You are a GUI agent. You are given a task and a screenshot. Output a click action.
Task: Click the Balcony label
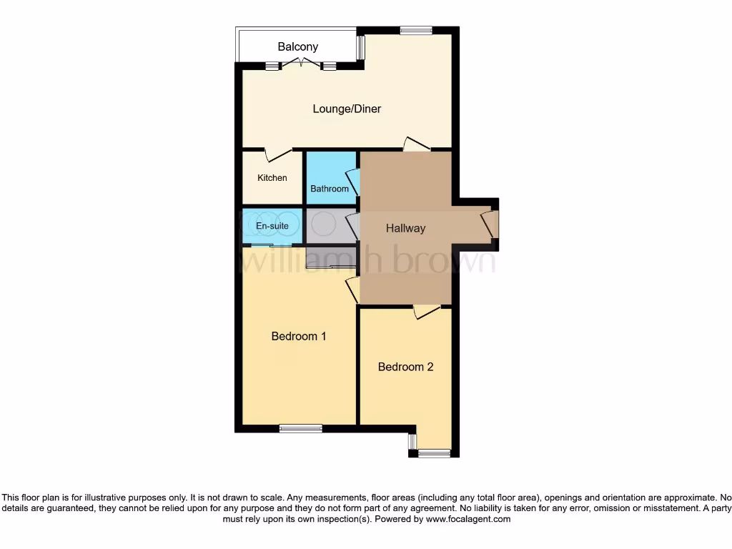tap(298, 47)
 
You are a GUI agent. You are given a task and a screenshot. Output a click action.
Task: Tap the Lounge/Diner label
tap(347, 109)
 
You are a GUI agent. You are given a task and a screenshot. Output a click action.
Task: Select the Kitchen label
tap(272, 178)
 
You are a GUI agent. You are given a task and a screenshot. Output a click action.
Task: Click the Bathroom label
tap(330, 189)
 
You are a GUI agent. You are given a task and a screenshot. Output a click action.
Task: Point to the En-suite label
tap(272, 226)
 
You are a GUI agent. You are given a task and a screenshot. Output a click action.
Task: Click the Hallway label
tap(405, 229)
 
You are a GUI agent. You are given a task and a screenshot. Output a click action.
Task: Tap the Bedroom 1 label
tap(299, 336)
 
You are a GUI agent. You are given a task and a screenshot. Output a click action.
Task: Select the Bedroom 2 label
tap(405, 367)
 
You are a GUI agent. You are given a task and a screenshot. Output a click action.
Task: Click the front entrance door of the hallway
tap(490, 224)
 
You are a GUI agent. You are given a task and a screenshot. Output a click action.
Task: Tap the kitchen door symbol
tap(277, 154)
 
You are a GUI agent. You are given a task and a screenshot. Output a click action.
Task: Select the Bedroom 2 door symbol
tap(427, 312)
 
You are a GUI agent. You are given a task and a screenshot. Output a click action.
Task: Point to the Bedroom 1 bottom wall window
tap(300, 429)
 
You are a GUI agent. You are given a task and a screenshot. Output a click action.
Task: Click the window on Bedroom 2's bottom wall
tap(434, 453)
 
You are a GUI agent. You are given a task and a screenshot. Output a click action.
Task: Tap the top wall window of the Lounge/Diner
tap(416, 30)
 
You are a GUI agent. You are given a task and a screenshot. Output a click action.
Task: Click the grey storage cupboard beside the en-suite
tap(330, 226)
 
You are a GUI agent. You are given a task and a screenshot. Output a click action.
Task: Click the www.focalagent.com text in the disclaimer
tap(468, 520)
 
